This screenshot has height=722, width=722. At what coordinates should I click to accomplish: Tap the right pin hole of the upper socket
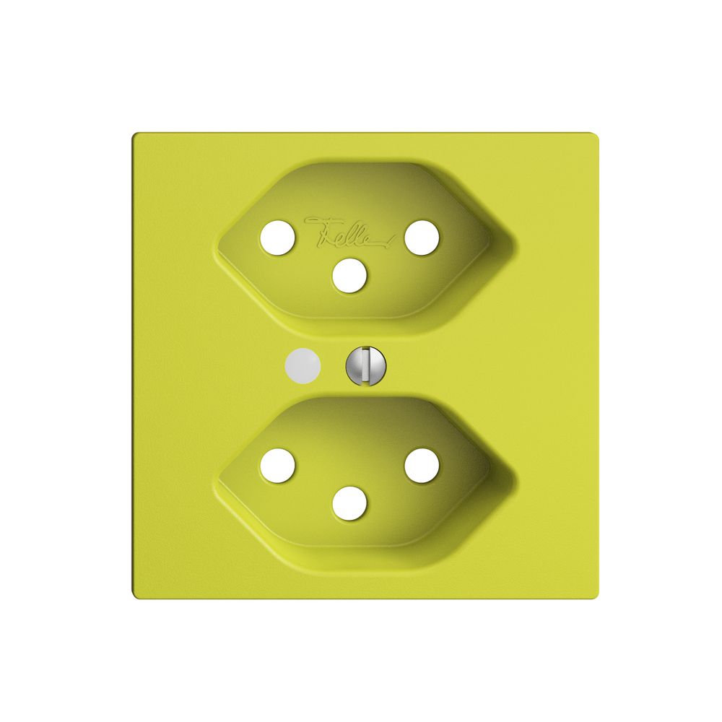(421, 238)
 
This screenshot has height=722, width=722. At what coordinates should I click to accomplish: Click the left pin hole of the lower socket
(278, 465)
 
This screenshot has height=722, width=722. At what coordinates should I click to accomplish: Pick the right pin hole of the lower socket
(421, 465)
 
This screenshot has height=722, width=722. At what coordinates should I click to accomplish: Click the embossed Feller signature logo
(349, 230)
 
